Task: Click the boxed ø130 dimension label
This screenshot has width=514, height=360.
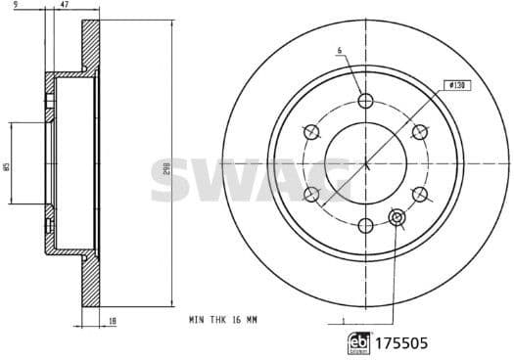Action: coord(455,86)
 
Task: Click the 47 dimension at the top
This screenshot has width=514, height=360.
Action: coord(65,6)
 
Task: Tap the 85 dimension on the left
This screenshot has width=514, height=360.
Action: coord(7,165)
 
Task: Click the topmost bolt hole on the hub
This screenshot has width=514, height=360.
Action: coord(366,101)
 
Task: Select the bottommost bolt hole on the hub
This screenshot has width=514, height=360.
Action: coord(366,226)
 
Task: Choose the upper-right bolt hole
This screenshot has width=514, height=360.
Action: coord(420,132)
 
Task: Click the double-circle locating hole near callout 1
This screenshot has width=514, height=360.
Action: coord(398,216)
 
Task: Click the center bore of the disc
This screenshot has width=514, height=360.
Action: coord(365,163)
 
